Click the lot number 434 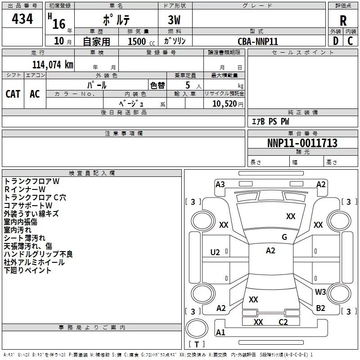[x=22, y=19]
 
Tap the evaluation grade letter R [x=343, y=21]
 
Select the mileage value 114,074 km [x=53, y=64]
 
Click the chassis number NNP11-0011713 [x=302, y=143]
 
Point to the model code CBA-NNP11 [x=258, y=41]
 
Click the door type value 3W [x=175, y=21]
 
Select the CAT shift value [x=13, y=94]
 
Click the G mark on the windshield [x=284, y=237]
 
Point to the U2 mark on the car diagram [x=215, y=252]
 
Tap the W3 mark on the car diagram [x=320, y=292]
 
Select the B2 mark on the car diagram [x=320, y=308]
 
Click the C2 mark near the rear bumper [x=283, y=322]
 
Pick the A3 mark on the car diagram [x=220, y=184]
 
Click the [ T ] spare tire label [x=197, y=344]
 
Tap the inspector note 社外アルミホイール [x=34, y=262]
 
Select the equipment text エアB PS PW [x=270, y=121]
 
